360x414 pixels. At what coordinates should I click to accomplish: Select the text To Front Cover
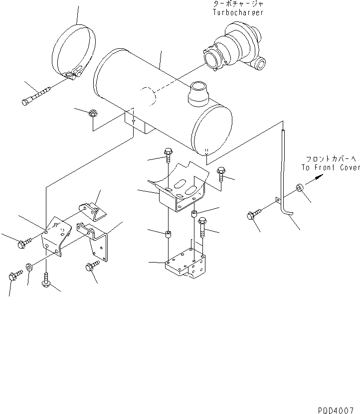pyautogui.click(x=330, y=168)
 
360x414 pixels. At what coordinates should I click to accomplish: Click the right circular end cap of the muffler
pyautogui.click(x=212, y=130)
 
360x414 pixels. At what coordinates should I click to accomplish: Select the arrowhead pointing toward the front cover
pyautogui.click(x=317, y=182)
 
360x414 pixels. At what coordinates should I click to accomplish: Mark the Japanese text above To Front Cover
pyautogui.click(x=330, y=159)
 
